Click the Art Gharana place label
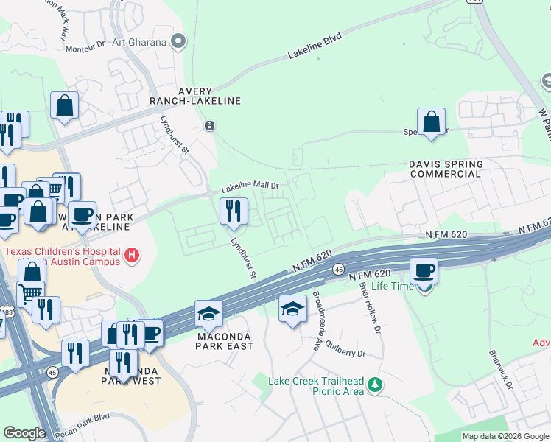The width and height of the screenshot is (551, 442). point(138,42)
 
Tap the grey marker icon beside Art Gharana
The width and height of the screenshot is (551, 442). point(177,42)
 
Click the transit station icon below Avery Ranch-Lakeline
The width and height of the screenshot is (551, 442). point(210,125)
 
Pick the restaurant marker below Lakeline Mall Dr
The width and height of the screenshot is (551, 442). point(234,211)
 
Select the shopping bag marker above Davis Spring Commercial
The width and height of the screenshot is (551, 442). point(431,122)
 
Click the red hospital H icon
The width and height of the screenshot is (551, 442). point(132,256)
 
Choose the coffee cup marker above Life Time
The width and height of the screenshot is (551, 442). point(424,270)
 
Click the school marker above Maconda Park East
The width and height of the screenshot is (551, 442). point(209,314)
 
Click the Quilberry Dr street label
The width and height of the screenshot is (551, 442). point(343,354)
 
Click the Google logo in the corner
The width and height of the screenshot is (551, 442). point(24,433)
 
